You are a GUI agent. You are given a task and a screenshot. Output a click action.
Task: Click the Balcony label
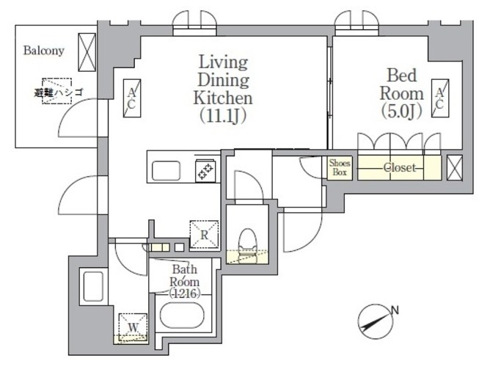tap(44, 51)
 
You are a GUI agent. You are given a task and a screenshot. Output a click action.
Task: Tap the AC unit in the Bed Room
tap(440, 98)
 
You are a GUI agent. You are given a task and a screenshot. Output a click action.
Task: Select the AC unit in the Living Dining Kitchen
tap(132, 98)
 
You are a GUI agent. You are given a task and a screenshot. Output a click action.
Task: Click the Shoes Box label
tap(340, 167)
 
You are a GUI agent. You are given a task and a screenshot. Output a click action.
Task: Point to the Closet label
tap(400, 168)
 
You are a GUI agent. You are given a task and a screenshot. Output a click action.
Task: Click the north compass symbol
tap(376, 321)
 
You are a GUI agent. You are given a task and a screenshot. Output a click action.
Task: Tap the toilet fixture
tap(247, 246)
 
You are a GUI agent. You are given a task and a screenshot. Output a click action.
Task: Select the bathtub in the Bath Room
tap(183, 315)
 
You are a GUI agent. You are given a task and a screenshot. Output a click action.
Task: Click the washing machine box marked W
tap(133, 327)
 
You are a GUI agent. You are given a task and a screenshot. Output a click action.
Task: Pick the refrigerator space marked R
tap(205, 235)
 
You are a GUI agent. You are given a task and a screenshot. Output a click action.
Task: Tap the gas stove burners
tap(205, 170)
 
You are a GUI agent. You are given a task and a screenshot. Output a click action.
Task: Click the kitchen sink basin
tap(166, 171)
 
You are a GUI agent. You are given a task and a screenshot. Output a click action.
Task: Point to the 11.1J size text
tap(223, 116)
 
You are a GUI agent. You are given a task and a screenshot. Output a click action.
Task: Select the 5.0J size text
tap(402, 112)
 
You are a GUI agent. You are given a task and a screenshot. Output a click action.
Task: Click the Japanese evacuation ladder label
tap(59, 92)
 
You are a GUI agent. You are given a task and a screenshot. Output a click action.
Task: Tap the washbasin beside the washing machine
tap(93, 286)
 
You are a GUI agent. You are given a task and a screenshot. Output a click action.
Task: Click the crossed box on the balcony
tap(87, 53)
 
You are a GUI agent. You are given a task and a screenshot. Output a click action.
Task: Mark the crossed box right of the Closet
tap(454, 167)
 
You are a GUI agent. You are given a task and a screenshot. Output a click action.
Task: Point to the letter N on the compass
tap(395, 310)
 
